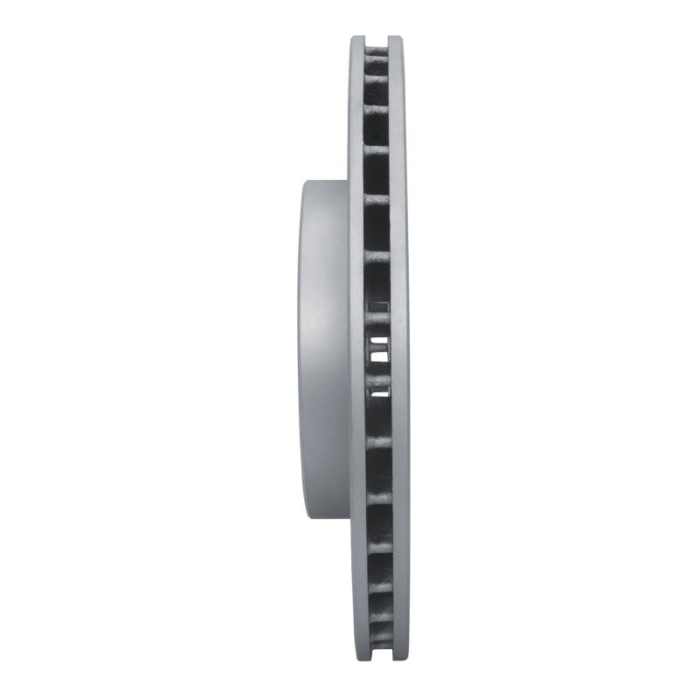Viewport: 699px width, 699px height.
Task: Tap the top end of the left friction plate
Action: pyautogui.click(x=358, y=40)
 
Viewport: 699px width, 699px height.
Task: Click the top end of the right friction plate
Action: pyautogui.click(x=398, y=40)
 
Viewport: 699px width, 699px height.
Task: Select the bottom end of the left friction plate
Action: pyautogui.click(x=358, y=658)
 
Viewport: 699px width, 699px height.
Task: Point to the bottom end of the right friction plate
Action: pyautogui.click(x=398, y=658)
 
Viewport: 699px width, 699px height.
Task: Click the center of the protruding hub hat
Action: pyautogui.click(x=324, y=349)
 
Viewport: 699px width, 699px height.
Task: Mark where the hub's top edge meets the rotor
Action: pyautogui.click(x=349, y=180)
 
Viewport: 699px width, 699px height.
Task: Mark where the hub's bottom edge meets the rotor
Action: pyautogui.click(x=349, y=519)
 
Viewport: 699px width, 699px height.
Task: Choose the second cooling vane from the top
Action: pyautogui.click(x=377, y=78)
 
